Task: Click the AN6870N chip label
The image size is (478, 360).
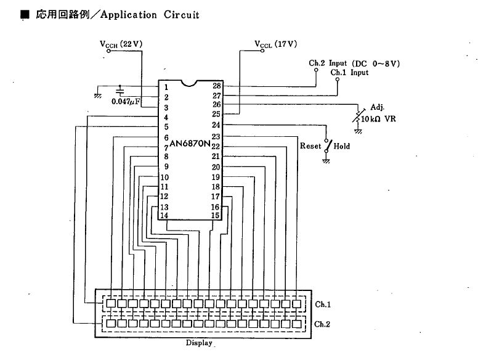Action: coord(190,144)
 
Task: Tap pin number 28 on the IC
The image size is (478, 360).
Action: coord(217,86)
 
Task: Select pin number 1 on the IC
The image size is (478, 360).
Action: coord(166,88)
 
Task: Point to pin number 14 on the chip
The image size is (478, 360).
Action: coord(164,215)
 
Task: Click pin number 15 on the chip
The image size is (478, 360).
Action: coord(215,215)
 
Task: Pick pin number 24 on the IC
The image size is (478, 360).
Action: coord(216,125)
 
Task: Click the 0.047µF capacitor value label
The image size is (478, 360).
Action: coord(126,102)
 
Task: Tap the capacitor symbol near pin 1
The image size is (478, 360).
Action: coord(119,91)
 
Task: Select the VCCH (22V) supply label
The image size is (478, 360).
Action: coord(121,44)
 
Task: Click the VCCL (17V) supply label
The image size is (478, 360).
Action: coord(275,44)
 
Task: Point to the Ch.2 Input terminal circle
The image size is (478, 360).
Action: coord(316,70)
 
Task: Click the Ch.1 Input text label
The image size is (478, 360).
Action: coord(349,73)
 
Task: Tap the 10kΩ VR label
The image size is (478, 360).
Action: coord(378,119)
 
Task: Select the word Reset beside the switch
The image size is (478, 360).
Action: coord(310,146)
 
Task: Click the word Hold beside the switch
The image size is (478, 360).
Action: coord(342,146)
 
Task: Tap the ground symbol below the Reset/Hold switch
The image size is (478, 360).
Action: coord(326,161)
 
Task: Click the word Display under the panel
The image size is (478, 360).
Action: coord(199,343)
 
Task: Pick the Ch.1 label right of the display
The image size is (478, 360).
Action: coord(323,304)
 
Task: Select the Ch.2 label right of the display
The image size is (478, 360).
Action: coord(322,324)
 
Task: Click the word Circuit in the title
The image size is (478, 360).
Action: coord(181,15)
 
